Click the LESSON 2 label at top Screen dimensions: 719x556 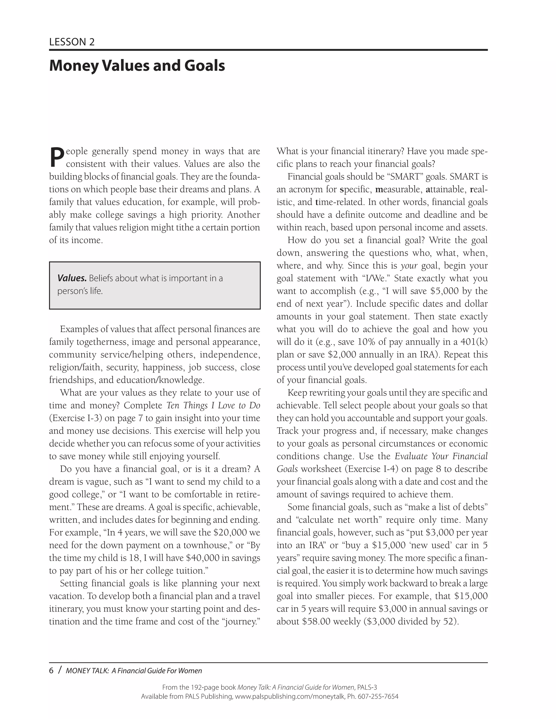pyautogui.click(x=72, y=42)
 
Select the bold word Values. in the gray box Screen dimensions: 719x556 pyautogui.click(x=72, y=278)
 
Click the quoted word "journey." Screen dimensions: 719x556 pyautogui.click(x=241, y=621)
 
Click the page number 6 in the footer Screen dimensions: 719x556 pyautogui.click(x=51, y=671)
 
